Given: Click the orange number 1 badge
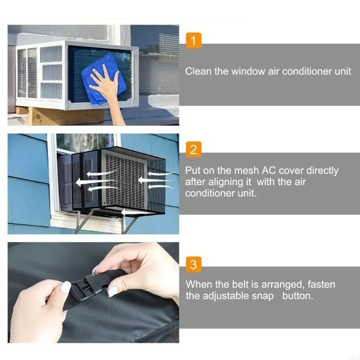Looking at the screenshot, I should point(193,42).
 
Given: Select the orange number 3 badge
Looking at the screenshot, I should point(193,265).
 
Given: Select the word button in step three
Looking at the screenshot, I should point(297,296).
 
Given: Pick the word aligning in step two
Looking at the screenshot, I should point(218,182).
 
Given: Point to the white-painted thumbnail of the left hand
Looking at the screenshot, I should point(66,287).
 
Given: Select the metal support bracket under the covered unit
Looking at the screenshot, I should point(81,223).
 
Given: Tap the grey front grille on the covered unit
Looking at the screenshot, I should point(124,178).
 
